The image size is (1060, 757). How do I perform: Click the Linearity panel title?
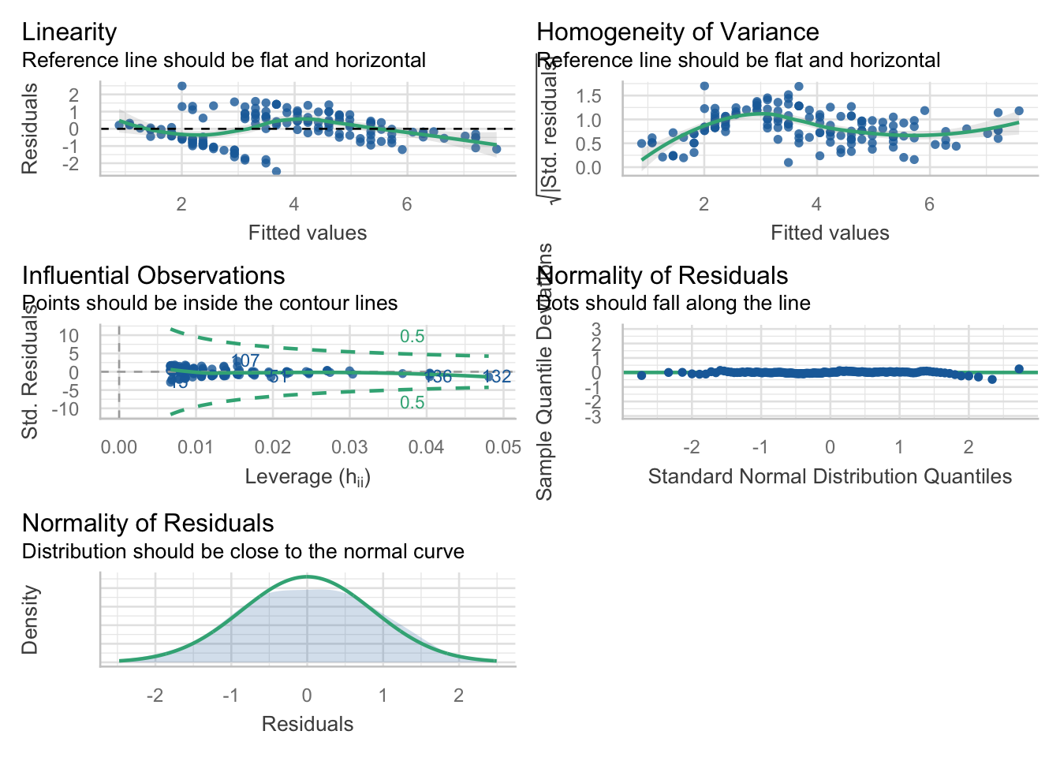pyautogui.click(x=69, y=32)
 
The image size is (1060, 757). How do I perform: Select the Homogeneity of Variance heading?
pyautogui.click(x=677, y=32)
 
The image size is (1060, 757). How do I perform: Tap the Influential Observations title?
pyautogui.click(x=153, y=276)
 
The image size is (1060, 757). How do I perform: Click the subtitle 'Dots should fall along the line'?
pyautogui.click(x=674, y=304)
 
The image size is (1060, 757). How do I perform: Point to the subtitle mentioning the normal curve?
pyautogui.click(x=243, y=552)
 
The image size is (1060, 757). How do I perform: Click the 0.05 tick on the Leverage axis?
pyautogui.click(x=503, y=448)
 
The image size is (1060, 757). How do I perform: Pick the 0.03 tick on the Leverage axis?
pyautogui.click(x=349, y=448)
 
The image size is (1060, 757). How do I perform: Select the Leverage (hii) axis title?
pyautogui.click(x=308, y=477)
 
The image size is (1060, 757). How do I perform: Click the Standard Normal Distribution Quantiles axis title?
pyautogui.click(x=830, y=477)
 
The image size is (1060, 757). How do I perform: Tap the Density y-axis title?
pyautogui.click(x=30, y=620)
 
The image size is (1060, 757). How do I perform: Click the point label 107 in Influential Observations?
pyautogui.click(x=245, y=361)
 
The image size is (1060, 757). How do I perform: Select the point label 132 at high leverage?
pyautogui.click(x=497, y=377)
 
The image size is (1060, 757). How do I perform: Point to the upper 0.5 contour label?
pyautogui.click(x=412, y=337)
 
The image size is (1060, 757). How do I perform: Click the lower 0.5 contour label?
pyautogui.click(x=412, y=403)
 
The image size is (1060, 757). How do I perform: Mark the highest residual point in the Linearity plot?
pyautogui.click(x=182, y=86)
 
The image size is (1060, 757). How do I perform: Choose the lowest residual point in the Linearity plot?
pyautogui.click(x=276, y=171)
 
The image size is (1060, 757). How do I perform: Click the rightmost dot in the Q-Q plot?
pyautogui.click(x=1019, y=369)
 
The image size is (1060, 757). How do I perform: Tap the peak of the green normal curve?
pyautogui.click(x=308, y=576)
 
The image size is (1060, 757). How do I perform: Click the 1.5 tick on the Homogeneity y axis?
pyautogui.click(x=588, y=96)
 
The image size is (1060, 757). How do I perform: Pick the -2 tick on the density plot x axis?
pyautogui.click(x=155, y=695)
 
